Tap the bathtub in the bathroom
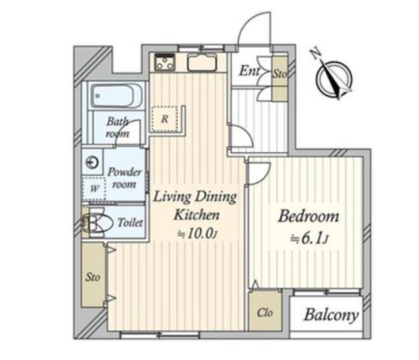pyautogui.click(x=116, y=96)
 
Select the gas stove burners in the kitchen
pyautogui.click(x=165, y=63)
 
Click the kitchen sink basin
pyautogui.click(x=202, y=63)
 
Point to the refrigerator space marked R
pyautogui.click(x=164, y=119)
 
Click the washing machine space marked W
pyautogui.click(x=94, y=189)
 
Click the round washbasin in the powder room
pyautogui.click(x=92, y=162)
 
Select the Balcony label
pyautogui.click(x=331, y=315)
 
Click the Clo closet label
pyautogui.click(x=265, y=312)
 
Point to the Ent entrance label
pyautogui.click(x=249, y=71)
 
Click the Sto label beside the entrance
pyautogui.click(x=279, y=74)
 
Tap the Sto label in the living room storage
pyautogui.click(x=93, y=277)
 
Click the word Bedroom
pyautogui.click(x=308, y=216)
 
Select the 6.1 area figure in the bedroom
pyautogui.click(x=311, y=238)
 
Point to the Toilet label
pyautogui.click(x=130, y=222)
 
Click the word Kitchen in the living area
pyautogui.click(x=196, y=214)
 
